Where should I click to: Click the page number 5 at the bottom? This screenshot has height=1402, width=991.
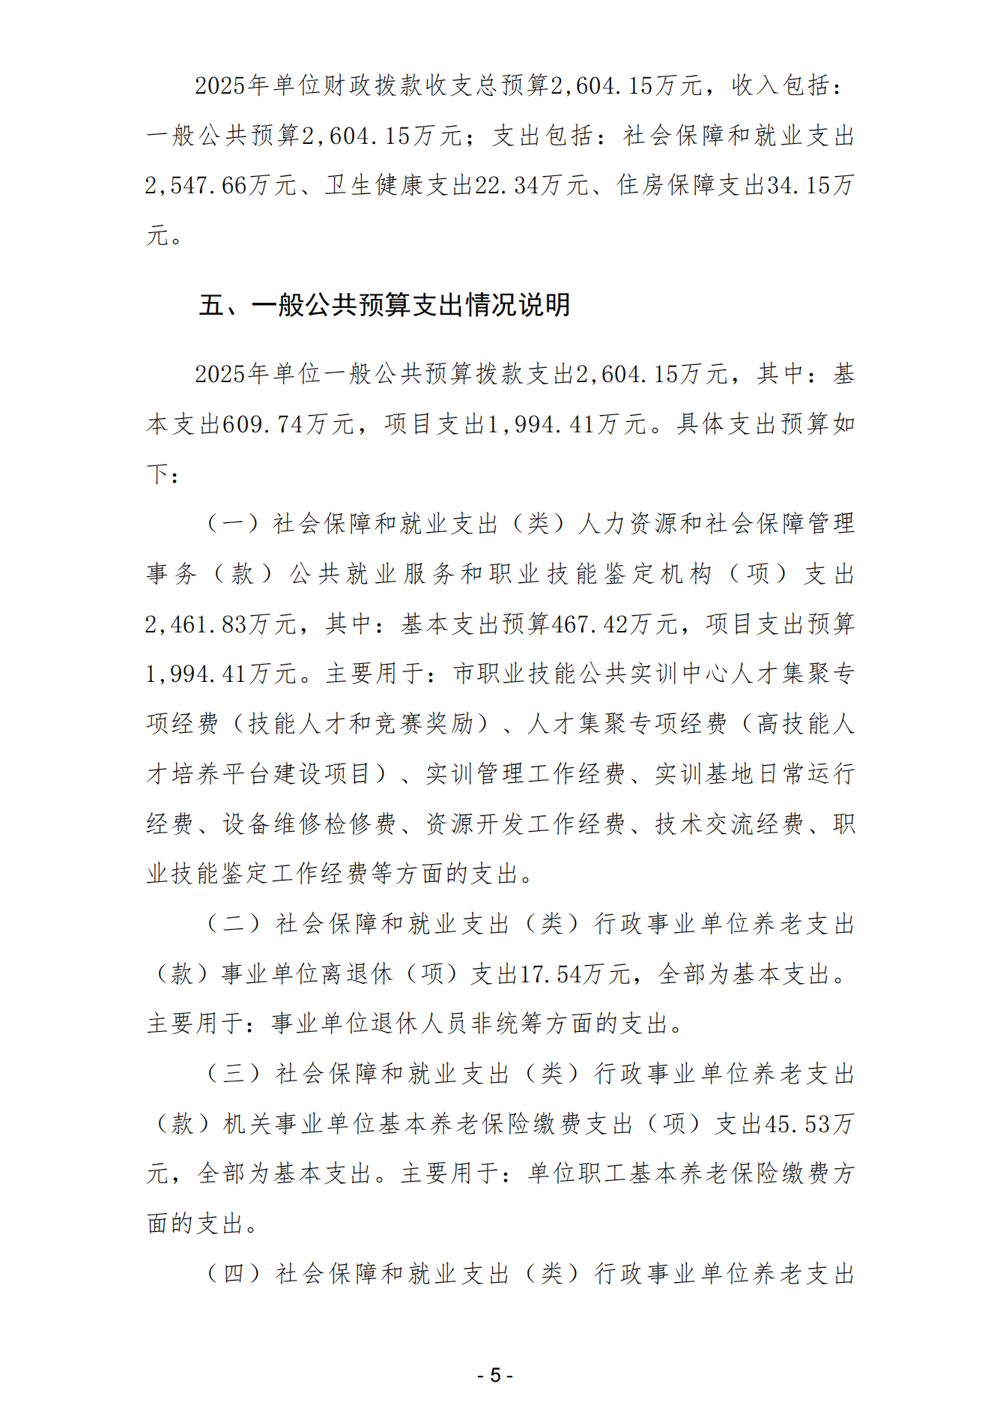[495, 1376]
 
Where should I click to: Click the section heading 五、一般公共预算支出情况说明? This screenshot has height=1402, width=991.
[384, 305]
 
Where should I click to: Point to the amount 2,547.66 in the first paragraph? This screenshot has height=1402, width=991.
[196, 186]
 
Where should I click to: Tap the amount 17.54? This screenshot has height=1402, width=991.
[551, 974]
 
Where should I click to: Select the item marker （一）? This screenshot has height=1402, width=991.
[233, 524]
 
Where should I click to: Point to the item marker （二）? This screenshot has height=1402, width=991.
[233, 924]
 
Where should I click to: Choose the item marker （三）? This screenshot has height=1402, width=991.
[233, 1074]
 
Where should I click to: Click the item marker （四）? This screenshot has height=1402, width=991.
[233, 1274]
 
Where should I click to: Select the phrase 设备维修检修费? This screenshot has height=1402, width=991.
[309, 824]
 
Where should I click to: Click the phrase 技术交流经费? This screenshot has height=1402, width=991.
[729, 824]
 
